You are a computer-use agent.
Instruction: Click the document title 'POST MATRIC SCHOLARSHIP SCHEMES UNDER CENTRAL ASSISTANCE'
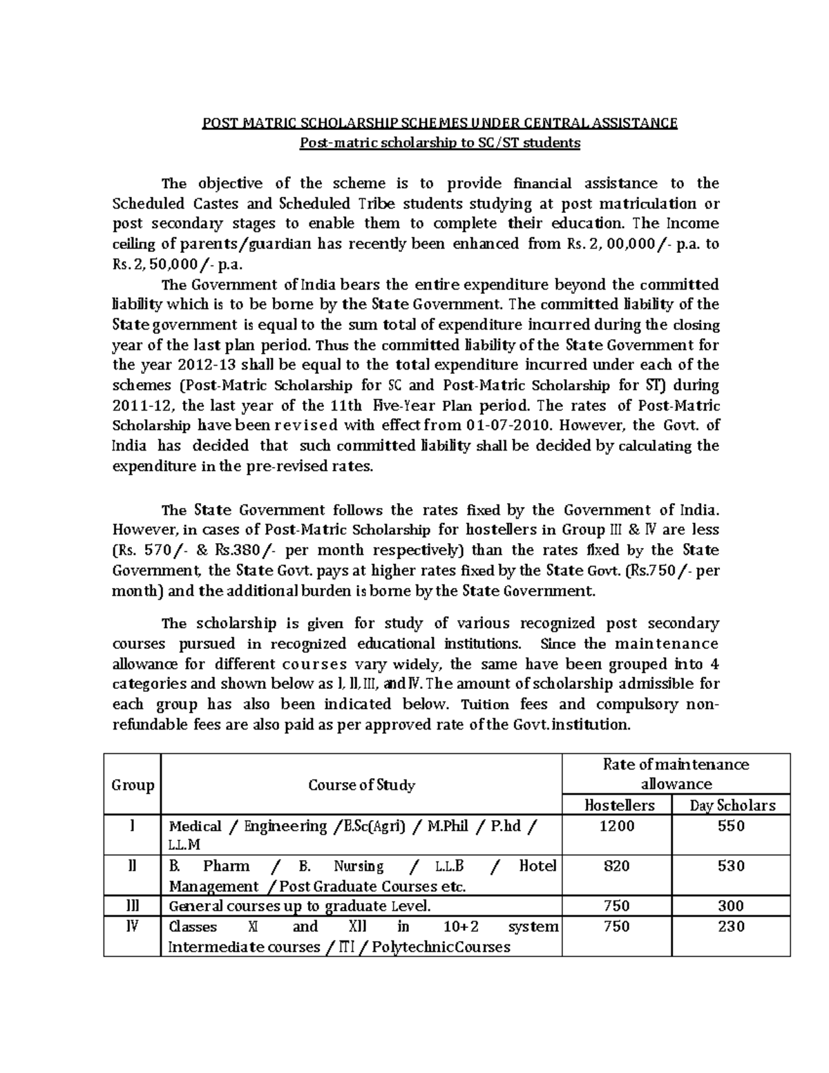[439, 124]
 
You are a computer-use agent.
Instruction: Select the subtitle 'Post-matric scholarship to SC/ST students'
[439, 144]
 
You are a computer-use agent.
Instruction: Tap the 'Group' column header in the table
[132, 785]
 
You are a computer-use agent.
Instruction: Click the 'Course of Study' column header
[361, 785]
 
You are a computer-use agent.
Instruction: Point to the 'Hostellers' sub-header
[619, 806]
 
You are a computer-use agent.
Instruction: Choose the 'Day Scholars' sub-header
[732, 806]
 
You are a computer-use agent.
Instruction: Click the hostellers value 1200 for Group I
[617, 826]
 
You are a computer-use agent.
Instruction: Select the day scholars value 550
[731, 826]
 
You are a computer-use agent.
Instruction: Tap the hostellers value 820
[617, 866]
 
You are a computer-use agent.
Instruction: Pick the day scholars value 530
[731, 866]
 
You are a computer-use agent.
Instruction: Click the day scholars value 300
[731, 906]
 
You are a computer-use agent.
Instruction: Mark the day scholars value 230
[731, 927]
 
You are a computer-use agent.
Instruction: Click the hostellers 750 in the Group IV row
[617, 927]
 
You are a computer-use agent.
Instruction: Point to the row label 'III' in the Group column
[132, 906]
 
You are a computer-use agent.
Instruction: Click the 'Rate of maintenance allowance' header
[676, 774]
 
